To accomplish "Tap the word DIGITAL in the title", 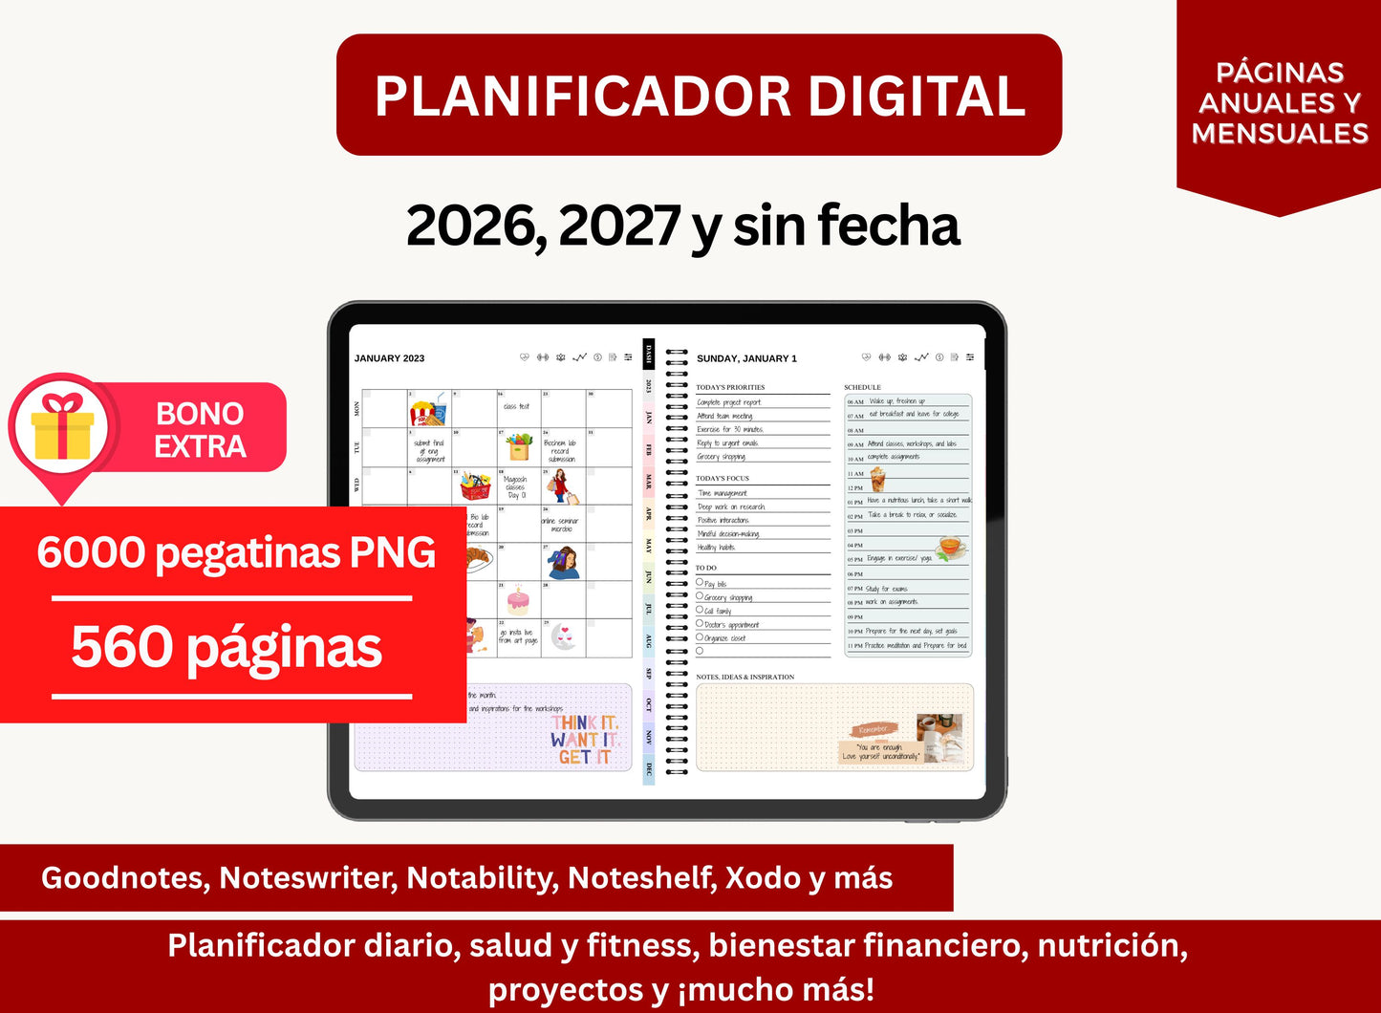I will point(917,97).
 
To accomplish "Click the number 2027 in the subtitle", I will point(618,226).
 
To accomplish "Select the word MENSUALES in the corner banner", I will point(1280,134).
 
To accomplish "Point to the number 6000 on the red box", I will point(92,552).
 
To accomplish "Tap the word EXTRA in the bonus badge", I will point(200,446).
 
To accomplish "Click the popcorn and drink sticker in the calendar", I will point(428,410).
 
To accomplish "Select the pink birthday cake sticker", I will point(518,600).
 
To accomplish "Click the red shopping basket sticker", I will point(475,485).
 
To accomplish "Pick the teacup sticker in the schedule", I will point(950,547).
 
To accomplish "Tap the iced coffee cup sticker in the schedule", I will point(877,478).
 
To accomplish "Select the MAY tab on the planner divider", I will point(649,546).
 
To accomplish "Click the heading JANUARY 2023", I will point(389,358).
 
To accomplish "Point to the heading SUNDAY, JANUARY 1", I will point(746,358).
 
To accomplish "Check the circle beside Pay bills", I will point(700,582).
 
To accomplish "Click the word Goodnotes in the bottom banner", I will point(124,878).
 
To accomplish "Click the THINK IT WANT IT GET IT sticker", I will point(585,740).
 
